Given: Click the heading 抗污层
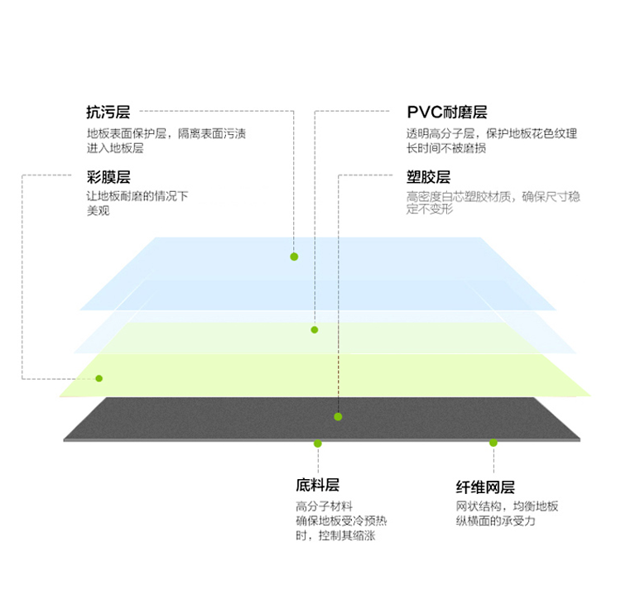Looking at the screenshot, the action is [x=108, y=113].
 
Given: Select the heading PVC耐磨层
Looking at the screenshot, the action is [x=447, y=113].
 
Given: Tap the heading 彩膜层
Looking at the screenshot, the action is [x=108, y=177].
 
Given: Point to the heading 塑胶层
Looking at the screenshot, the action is [x=429, y=177].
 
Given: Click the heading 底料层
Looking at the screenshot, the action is [x=318, y=485].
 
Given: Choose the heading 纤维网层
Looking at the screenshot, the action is [x=485, y=487].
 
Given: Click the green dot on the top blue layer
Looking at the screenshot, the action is [x=294, y=257].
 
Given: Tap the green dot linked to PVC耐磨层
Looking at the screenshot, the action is [x=315, y=329].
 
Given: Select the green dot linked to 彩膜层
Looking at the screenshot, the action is [x=99, y=379].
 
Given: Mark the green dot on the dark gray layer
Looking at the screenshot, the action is [x=338, y=417].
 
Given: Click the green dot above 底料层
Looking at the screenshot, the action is [x=318, y=444].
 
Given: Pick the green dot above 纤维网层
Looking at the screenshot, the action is [x=493, y=443].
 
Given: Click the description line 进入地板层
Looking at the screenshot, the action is [x=115, y=148].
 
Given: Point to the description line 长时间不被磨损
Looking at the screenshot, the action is [x=446, y=148].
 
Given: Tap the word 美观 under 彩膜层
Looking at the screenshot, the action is [x=99, y=210].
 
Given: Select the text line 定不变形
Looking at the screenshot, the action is [x=430, y=209].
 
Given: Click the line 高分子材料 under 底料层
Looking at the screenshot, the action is [x=324, y=506].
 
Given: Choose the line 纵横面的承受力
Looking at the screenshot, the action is [x=495, y=521].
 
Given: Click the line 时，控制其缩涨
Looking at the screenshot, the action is [x=335, y=535].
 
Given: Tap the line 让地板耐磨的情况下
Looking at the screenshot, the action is [x=137, y=196].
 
